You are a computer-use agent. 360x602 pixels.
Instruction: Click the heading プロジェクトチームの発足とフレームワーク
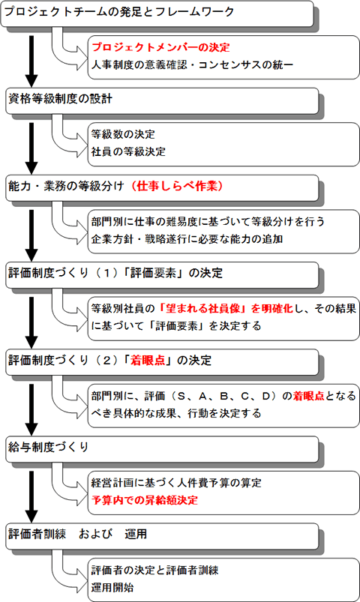(118, 12)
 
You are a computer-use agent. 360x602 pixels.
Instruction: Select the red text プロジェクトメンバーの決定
(160, 47)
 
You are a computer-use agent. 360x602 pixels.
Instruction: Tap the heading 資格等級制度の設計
(60, 99)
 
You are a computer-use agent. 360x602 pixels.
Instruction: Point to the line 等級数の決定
(123, 134)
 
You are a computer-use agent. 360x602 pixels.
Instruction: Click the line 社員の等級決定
(128, 151)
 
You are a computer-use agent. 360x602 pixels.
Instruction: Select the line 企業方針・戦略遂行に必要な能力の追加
(187, 239)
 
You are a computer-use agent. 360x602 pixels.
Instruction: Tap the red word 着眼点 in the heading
(148, 360)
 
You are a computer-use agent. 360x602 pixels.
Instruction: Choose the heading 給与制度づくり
(49, 448)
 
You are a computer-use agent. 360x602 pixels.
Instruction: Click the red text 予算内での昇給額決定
(145, 500)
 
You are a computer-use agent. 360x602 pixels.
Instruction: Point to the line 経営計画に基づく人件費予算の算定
(176, 483)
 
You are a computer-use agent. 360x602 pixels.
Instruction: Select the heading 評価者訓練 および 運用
(77, 534)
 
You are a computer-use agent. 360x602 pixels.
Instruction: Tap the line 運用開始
(112, 588)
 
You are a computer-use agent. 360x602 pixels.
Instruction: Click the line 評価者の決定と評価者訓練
(154, 570)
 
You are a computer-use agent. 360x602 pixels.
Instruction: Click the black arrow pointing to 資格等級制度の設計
(31, 61)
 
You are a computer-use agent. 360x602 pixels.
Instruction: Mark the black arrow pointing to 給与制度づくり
(31, 410)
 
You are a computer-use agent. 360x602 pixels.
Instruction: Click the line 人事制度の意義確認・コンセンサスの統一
(192, 64)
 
